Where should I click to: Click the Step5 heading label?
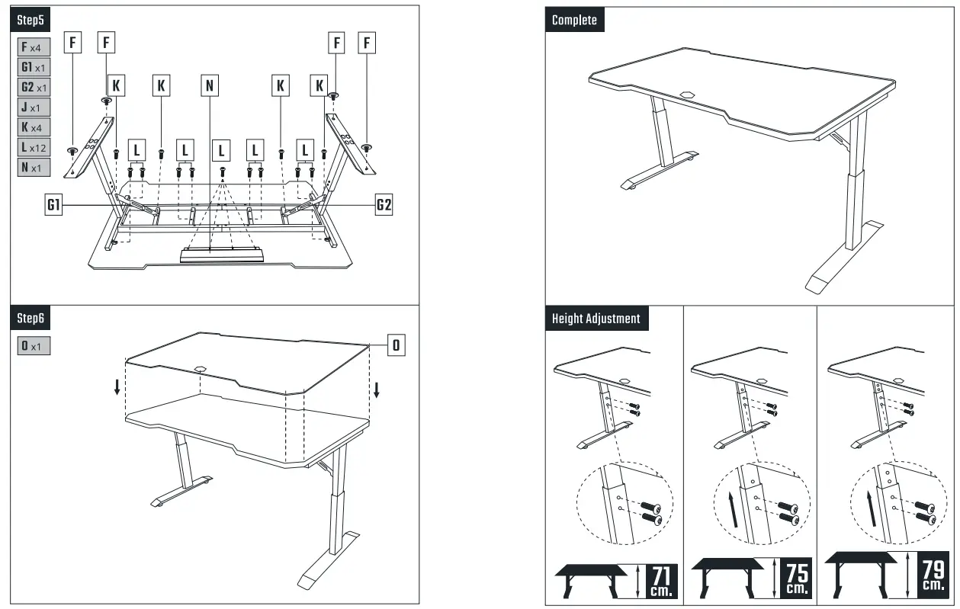pos(31,18)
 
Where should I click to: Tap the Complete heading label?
pos(575,20)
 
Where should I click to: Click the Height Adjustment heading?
pos(596,319)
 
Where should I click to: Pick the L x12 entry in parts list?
pos(34,146)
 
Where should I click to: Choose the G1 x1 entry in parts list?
pos(34,67)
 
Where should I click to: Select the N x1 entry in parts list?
pos(34,166)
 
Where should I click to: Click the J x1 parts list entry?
pos(34,107)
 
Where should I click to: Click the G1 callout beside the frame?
pos(53,205)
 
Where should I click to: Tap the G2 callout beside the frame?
pos(384,205)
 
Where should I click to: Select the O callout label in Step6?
pos(396,345)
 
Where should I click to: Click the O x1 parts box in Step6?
pos(34,346)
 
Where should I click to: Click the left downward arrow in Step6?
pos(117,387)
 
